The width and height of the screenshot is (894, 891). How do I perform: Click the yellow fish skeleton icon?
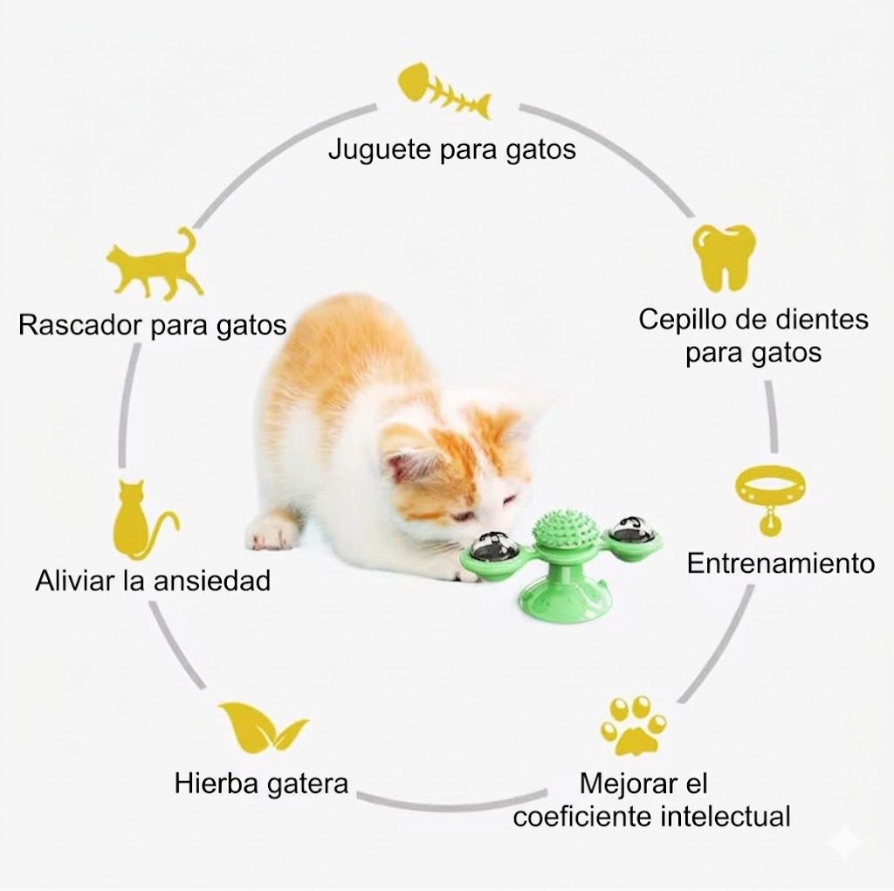444,91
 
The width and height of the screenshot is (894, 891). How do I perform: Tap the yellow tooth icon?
724,257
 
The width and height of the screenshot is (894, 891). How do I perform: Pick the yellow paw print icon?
633,726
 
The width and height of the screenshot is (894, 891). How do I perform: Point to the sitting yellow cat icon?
142,519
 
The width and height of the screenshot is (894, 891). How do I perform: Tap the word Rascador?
80,325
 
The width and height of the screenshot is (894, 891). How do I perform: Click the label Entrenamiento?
781,563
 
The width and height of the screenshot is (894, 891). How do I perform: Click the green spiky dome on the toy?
565,528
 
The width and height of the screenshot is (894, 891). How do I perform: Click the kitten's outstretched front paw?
272,529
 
